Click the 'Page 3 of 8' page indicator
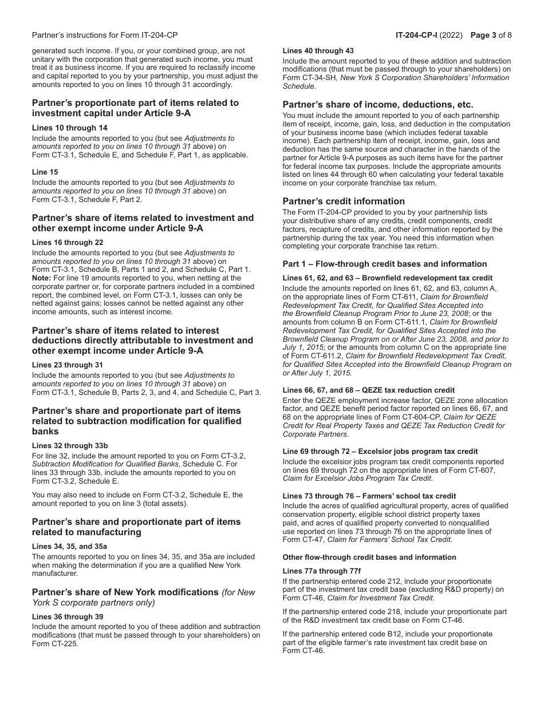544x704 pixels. [491, 35]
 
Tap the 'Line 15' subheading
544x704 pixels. [45, 172]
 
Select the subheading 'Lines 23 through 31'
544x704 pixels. [69, 365]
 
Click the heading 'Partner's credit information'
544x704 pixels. [344, 201]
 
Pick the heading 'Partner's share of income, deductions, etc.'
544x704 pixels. [378, 104]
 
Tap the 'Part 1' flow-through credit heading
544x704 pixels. [385, 264]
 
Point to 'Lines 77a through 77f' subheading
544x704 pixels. [320, 571]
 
